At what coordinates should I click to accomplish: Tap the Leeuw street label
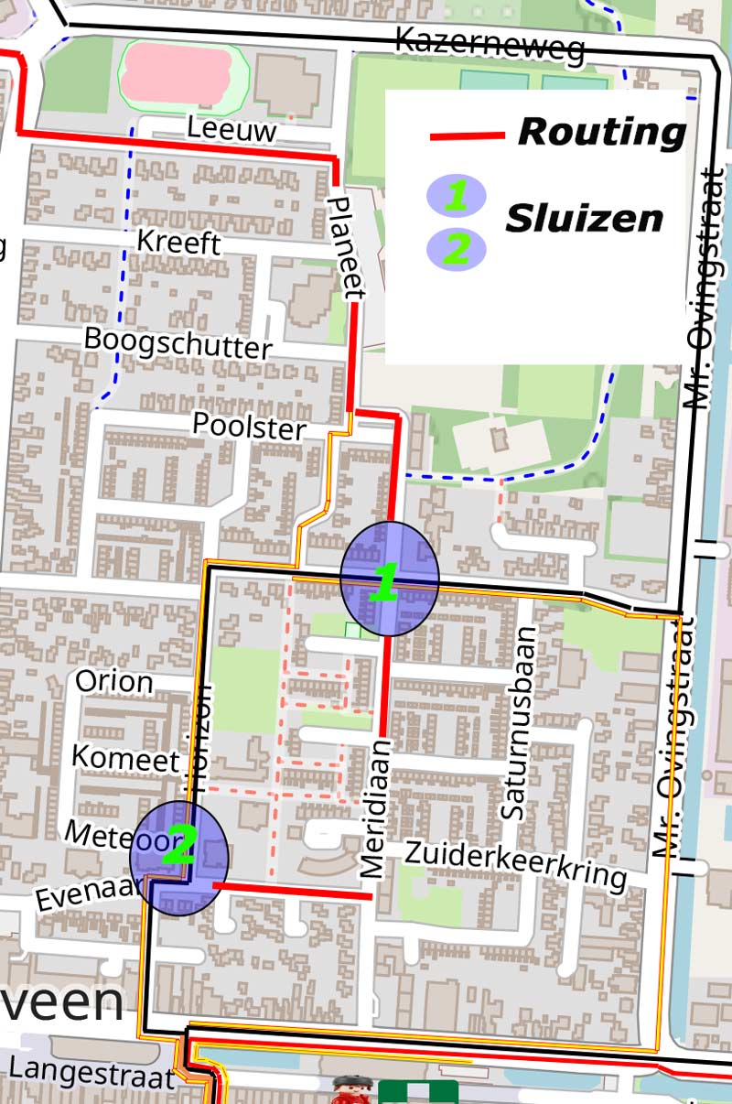pyautogui.click(x=231, y=129)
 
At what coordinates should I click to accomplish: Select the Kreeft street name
pyautogui.click(x=178, y=243)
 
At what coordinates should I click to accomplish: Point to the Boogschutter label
pyautogui.click(x=178, y=342)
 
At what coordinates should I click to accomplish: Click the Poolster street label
pyautogui.click(x=248, y=426)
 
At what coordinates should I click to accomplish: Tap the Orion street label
pyautogui.click(x=113, y=681)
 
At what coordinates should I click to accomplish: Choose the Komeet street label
pyautogui.click(x=125, y=759)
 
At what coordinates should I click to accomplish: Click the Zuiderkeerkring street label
pyautogui.click(x=515, y=863)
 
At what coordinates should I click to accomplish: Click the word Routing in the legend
pyautogui.click(x=601, y=132)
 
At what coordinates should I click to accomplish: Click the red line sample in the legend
pyautogui.click(x=467, y=136)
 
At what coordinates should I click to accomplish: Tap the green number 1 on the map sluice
pyautogui.click(x=386, y=581)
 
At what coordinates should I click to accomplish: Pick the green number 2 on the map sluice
pyautogui.click(x=179, y=847)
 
